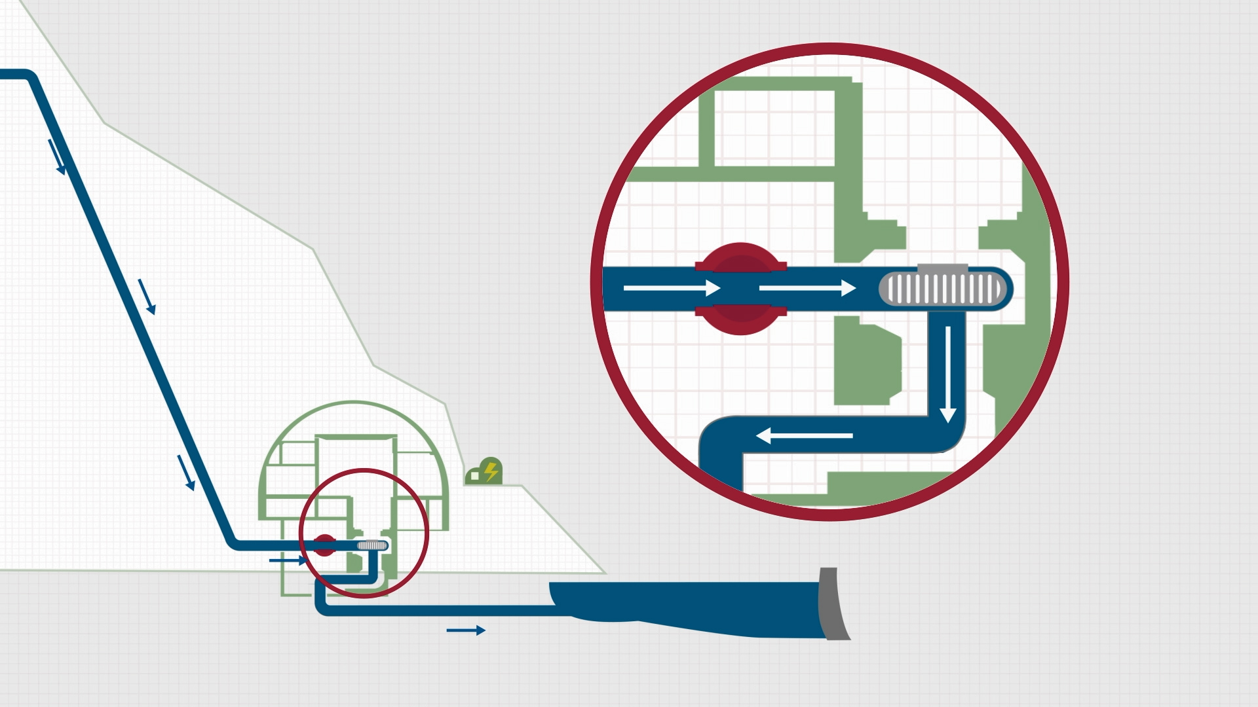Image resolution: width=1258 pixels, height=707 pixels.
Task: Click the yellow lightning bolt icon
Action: click(x=491, y=471)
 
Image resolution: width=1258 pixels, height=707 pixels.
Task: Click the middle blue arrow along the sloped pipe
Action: click(x=147, y=297)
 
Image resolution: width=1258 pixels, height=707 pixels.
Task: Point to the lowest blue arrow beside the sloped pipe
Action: click(x=186, y=473)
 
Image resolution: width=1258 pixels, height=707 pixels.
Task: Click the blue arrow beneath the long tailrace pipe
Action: click(x=466, y=630)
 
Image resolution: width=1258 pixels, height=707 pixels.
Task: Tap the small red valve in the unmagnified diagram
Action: click(x=324, y=545)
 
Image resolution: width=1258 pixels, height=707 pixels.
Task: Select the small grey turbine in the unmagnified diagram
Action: click(x=372, y=545)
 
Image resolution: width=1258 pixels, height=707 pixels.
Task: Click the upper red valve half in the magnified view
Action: click(x=741, y=259)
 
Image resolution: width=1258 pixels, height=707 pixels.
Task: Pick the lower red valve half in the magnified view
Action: click(x=741, y=319)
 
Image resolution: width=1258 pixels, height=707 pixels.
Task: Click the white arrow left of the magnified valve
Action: click(x=672, y=288)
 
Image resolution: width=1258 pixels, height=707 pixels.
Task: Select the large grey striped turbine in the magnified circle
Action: click(x=943, y=289)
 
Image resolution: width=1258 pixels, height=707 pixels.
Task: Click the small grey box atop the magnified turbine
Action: click(x=942, y=268)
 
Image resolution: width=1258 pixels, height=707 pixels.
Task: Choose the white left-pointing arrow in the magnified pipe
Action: click(x=805, y=435)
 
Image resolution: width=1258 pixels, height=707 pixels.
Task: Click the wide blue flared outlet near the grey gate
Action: click(x=688, y=606)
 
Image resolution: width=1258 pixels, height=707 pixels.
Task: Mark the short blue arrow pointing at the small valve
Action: click(x=288, y=560)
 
